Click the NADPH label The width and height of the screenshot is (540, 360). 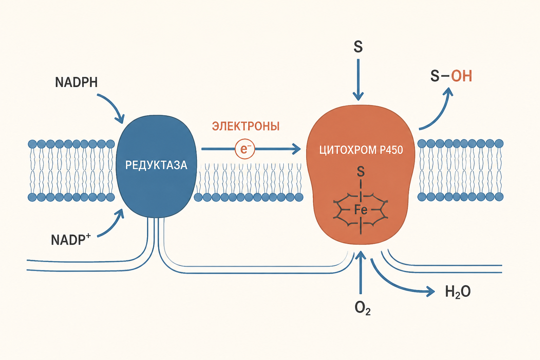click(x=76, y=82)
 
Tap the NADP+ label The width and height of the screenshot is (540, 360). click(x=71, y=240)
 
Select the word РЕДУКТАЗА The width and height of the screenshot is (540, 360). click(x=156, y=165)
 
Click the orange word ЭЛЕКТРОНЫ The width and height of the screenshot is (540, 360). click(x=246, y=126)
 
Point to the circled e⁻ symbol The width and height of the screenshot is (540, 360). click(x=245, y=149)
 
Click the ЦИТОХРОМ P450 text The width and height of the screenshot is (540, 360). click(x=361, y=150)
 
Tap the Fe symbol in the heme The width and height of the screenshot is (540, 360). click(x=361, y=210)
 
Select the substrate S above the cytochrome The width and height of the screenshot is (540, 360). click(x=358, y=47)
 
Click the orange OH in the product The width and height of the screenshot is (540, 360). click(x=461, y=76)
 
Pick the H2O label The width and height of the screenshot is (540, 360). click(x=457, y=291)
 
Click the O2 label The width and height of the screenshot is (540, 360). click(x=362, y=308)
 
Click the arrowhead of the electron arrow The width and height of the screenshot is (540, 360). click(x=296, y=149)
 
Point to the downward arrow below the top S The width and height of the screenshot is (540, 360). click(x=358, y=80)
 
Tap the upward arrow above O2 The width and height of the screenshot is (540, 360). click(x=361, y=272)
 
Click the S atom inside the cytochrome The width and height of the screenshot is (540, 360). click(x=361, y=172)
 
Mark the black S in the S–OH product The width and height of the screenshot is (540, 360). click(x=435, y=76)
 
